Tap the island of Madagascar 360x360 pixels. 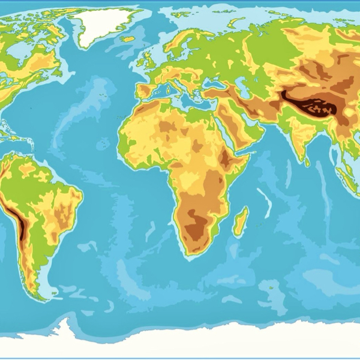(x=240, y=221)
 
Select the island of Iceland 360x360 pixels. (x=128, y=39)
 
